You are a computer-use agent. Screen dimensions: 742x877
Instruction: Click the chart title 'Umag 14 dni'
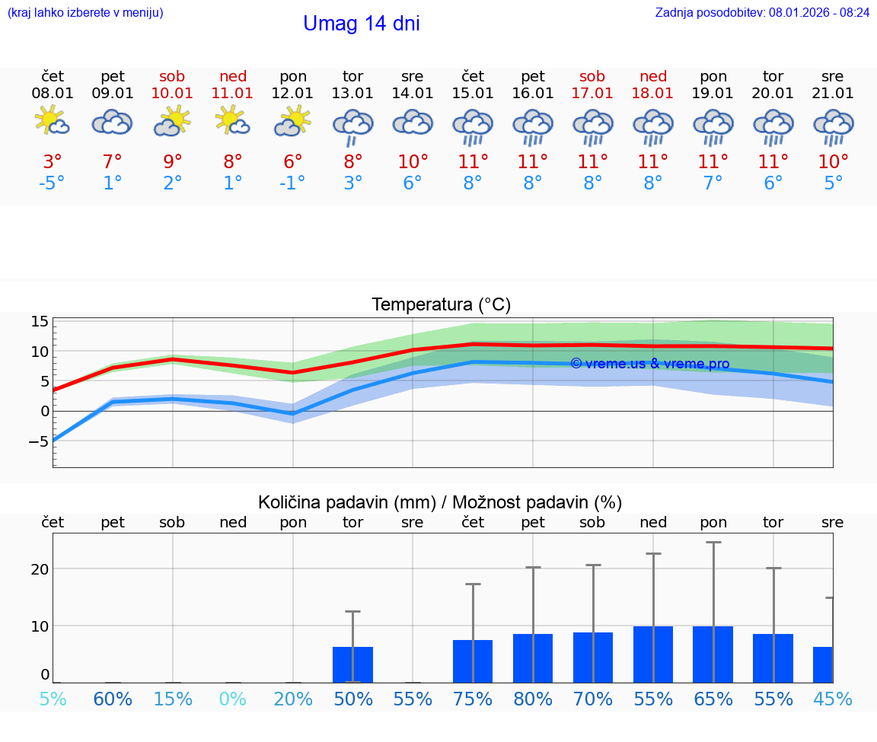[361, 24]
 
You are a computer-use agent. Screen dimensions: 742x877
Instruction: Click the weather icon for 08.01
[53, 122]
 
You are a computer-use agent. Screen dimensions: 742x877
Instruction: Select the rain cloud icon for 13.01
[352, 126]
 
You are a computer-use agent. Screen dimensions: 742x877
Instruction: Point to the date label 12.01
[293, 93]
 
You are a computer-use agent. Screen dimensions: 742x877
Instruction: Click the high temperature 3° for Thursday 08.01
[53, 161]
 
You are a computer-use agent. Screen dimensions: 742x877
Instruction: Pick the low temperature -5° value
[53, 183]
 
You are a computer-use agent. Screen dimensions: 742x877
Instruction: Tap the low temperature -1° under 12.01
[293, 183]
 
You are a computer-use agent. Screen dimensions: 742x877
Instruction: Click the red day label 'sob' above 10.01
[173, 76]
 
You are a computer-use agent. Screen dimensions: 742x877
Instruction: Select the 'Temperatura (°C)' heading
[441, 304]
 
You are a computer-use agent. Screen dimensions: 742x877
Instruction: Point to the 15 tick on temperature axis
[40, 322]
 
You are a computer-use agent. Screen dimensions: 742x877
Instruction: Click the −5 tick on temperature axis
[40, 441]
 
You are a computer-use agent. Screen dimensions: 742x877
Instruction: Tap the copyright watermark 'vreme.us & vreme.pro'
[650, 364]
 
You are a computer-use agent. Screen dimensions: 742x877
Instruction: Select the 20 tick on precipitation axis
[40, 569]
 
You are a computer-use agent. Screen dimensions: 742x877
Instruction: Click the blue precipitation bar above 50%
[352, 664]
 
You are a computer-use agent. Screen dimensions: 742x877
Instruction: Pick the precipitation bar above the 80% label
[533, 658]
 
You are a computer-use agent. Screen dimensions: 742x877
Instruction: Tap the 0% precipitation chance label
[233, 699]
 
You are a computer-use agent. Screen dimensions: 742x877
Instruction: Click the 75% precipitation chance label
[473, 699]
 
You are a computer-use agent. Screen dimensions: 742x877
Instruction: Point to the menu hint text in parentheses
[85, 12]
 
